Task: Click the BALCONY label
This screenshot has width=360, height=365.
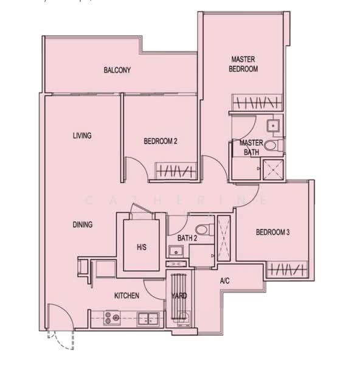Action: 117,71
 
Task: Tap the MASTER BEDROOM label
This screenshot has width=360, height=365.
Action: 243,64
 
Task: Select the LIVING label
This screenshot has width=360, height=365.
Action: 82,136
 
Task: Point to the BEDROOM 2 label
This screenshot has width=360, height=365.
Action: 161,142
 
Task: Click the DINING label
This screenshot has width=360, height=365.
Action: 83,224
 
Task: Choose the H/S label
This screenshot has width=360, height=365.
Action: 141,246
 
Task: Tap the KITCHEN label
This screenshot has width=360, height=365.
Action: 127,296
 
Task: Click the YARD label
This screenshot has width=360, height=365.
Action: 179,296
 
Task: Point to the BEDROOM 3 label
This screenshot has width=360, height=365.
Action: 272,232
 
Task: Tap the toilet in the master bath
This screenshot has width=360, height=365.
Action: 275,145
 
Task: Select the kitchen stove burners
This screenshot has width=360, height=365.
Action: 112,316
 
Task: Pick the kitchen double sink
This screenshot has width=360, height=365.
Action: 148,317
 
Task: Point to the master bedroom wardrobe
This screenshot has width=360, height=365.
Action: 256,102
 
